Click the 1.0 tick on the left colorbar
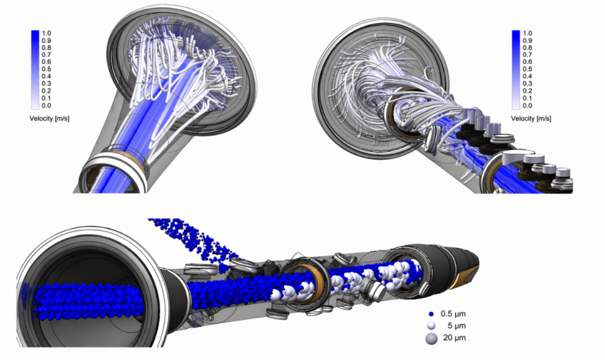(46, 33)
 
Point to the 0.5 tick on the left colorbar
(46, 69)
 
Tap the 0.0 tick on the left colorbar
(46, 105)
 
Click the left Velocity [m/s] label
(50, 118)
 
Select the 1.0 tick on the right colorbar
(528, 33)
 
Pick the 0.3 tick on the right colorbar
(528, 84)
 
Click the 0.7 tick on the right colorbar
(528, 55)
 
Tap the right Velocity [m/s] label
(531, 118)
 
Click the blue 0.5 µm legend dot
(431, 314)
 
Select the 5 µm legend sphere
(431, 326)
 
